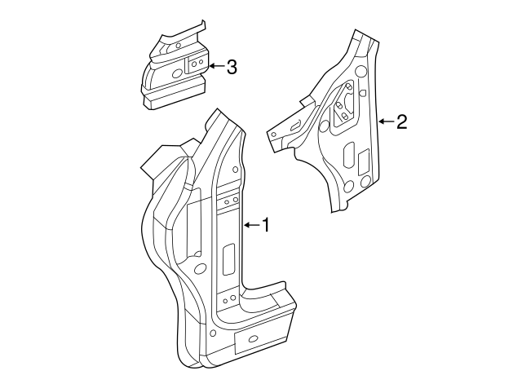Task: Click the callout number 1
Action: (264, 225)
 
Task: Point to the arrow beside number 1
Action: (250, 224)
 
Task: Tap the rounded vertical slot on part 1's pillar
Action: (228, 258)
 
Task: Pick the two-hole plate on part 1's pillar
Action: (228, 200)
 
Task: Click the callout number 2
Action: (401, 122)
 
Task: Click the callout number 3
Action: (232, 67)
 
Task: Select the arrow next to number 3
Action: (216, 67)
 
